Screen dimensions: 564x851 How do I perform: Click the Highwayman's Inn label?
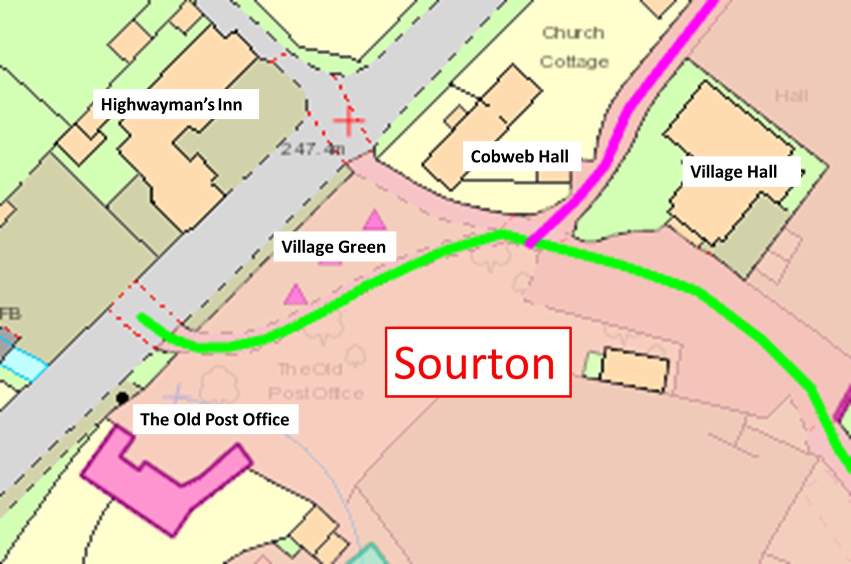pyautogui.click(x=176, y=104)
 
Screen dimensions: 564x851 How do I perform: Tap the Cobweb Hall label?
pyautogui.click(x=521, y=156)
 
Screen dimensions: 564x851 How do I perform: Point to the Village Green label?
pyautogui.click(x=335, y=247)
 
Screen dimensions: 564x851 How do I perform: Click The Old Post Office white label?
pyautogui.click(x=215, y=419)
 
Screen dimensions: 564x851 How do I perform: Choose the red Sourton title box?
pyautogui.click(x=478, y=362)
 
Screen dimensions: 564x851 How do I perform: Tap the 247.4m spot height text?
pyautogui.click(x=312, y=148)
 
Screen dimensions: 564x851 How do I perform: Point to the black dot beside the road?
pyautogui.click(x=122, y=398)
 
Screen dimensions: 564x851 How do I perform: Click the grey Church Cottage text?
pyautogui.click(x=574, y=47)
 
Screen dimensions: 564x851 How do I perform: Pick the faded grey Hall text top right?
pyautogui.click(x=791, y=96)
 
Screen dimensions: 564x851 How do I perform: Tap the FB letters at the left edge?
pyautogui.click(x=10, y=314)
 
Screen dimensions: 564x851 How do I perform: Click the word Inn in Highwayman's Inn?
pyautogui.click(x=230, y=104)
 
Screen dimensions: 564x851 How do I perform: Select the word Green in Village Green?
pyautogui.click(x=361, y=247)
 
